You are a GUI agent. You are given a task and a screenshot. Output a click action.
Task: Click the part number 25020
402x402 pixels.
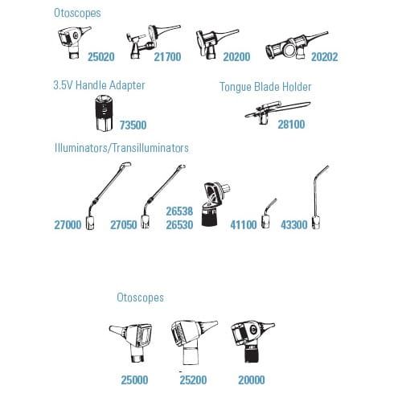(101, 57)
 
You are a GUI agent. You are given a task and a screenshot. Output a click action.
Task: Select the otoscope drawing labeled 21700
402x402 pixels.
(150, 43)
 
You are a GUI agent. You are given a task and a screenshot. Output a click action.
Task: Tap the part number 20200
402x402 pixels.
(236, 57)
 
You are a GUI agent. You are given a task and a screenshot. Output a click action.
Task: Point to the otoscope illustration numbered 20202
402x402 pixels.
(296, 46)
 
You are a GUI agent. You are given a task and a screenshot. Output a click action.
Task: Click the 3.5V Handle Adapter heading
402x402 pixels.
(99, 85)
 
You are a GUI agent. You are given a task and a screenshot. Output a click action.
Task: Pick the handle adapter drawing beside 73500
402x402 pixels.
(104, 113)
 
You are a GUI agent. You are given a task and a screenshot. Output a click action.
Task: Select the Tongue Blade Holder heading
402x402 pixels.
(265, 87)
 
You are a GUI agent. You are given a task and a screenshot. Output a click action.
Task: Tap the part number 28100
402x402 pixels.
(291, 125)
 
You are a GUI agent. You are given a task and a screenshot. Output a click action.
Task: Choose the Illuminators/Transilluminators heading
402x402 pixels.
(121, 148)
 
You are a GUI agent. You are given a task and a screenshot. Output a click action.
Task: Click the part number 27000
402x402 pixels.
(68, 225)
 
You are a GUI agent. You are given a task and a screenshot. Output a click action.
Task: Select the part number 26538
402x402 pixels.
(179, 211)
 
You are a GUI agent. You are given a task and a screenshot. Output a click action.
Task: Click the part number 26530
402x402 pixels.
(179, 225)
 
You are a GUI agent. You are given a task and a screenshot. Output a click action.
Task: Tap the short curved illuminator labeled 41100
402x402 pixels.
(268, 214)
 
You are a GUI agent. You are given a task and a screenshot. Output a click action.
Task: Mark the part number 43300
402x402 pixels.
(294, 225)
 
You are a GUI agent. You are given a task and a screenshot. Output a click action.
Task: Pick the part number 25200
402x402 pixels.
(193, 380)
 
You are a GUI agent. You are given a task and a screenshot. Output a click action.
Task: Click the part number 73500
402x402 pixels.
(133, 125)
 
